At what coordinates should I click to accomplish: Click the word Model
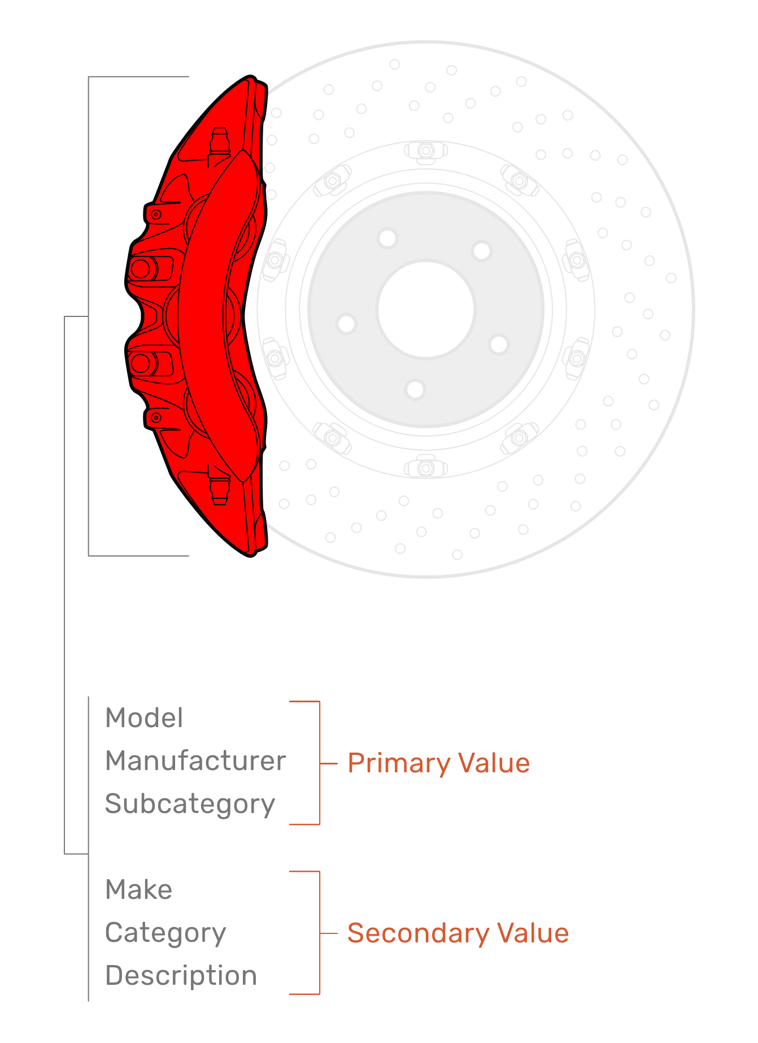pyautogui.click(x=144, y=718)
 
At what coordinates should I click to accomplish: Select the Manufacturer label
pyautogui.click(x=195, y=761)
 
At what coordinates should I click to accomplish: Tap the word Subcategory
pyautogui.click(x=190, y=804)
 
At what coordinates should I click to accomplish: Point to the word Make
pyautogui.click(x=138, y=889)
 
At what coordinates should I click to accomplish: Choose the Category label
pyautogui.click(x=165, y=933)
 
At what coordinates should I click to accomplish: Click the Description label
pyautogui.click(x=181, y=976)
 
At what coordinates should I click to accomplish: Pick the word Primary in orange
pyautogui.click(x=399, y=763)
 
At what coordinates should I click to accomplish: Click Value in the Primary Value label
pyautogui.click(x=494, y=763)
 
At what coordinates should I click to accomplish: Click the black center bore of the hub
pyautogui.click(x=426, y=310)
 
